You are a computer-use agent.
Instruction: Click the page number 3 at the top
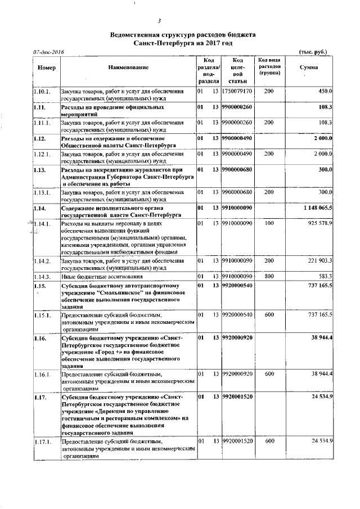(159, 22)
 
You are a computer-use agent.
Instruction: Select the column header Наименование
(128, 68)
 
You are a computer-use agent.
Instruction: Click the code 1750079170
(237, 91)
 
